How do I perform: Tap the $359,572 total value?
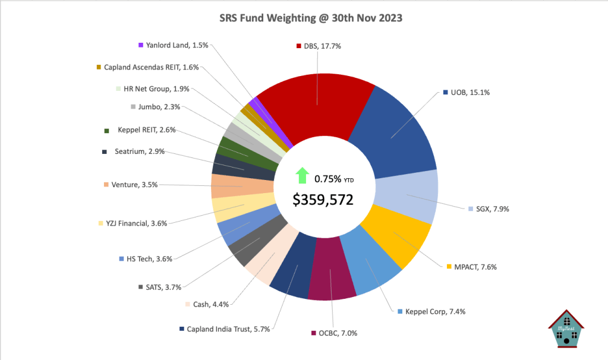pos(323,200)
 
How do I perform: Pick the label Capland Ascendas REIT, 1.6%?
pos(151,67)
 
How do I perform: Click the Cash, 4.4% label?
pos(210,304)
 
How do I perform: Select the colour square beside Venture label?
pos(106,185)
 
